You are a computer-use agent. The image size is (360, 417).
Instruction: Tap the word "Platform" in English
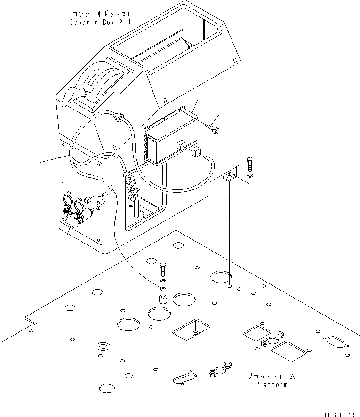[x=271, y=385]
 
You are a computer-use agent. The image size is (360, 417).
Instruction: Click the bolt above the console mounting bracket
[x=249, y=163]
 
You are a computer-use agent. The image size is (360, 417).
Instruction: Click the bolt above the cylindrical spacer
[x=163, y=269]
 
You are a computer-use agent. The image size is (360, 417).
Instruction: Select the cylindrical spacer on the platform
[x=163, y=299]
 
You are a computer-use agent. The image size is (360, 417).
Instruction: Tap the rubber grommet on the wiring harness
[x=119, y=117]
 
